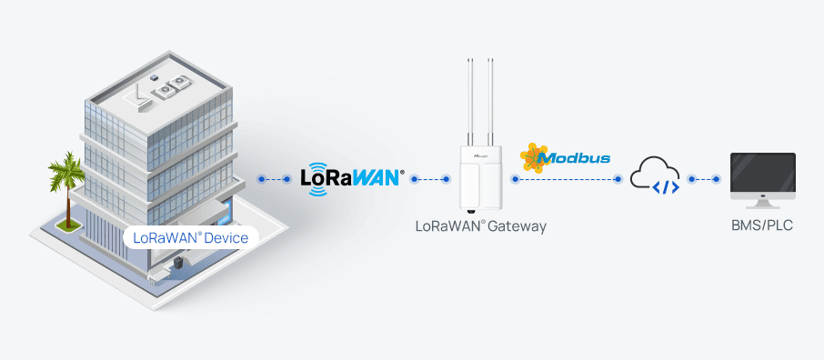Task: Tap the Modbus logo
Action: (565, 158)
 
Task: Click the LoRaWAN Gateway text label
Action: (480, 225)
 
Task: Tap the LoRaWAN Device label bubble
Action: (192, 238)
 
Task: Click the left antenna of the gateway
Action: (471, 100)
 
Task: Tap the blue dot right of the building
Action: (261, 179)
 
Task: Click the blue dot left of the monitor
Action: (718, 179)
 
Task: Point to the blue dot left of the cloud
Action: (618, 179)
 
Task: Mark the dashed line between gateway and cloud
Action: (566, 179)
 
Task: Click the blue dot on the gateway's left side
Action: (447, 179)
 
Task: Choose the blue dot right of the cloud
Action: (691, 179)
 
